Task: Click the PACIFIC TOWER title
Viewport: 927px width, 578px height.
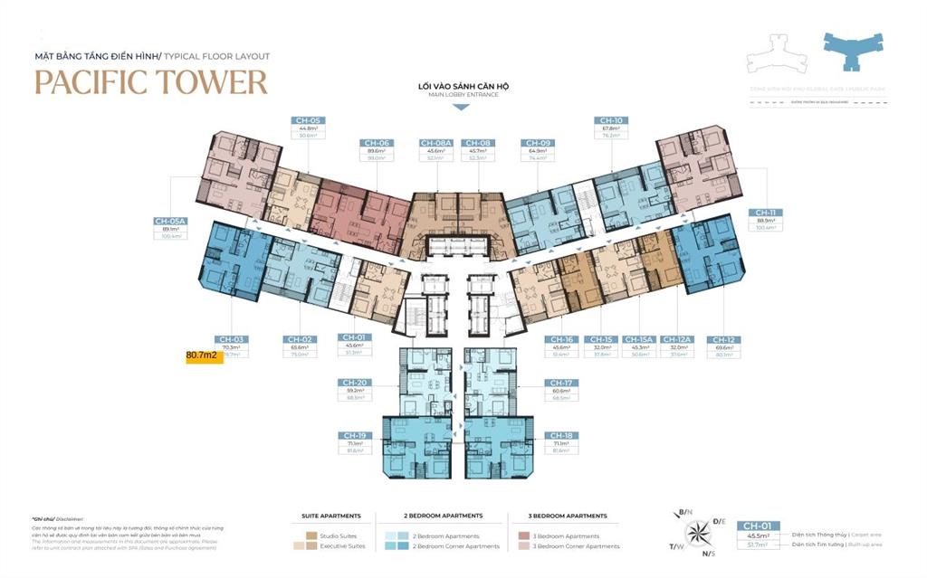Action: tap(151, 81)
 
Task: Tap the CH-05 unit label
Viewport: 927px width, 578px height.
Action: tap(308, 120)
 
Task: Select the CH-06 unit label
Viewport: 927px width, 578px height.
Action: tap(376, 143)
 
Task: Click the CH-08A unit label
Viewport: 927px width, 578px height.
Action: tap(436, 143)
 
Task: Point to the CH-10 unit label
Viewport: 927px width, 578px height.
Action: tap(609, 120)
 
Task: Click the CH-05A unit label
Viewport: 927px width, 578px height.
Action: tap(170, 221)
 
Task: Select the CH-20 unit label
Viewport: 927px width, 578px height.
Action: tap(355, 383)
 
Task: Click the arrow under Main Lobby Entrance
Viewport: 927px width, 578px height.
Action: tap(461, 107)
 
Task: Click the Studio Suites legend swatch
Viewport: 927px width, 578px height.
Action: tap(311, 535)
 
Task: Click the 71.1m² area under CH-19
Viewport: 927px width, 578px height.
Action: tap(355, 444)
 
